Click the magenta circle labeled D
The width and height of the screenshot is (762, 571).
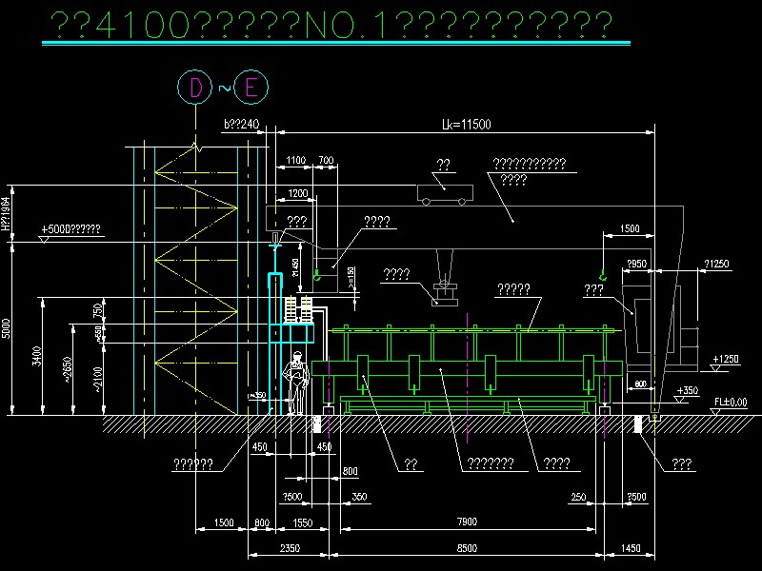(x=196, y=88)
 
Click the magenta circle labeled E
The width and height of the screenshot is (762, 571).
(x=251, y=88)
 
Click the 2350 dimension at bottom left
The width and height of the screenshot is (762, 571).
(x=290, y=548)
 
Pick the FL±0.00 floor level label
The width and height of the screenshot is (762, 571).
(x=732, y=403)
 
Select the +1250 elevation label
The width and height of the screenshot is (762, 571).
(x=726, y=359)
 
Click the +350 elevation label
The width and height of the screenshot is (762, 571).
(x=686, y=391)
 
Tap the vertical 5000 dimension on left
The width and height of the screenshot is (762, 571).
(x=9, y=328)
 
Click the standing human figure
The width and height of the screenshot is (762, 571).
(x=298, y=382)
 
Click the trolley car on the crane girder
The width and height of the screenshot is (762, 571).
(x=444, y=195)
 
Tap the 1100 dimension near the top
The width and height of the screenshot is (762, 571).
(x=295, y=160)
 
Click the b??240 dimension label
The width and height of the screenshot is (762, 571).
(x=241, y=125)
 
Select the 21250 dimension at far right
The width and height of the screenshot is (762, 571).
(x=717, y=264)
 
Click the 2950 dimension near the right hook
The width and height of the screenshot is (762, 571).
(x=636, y=264)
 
